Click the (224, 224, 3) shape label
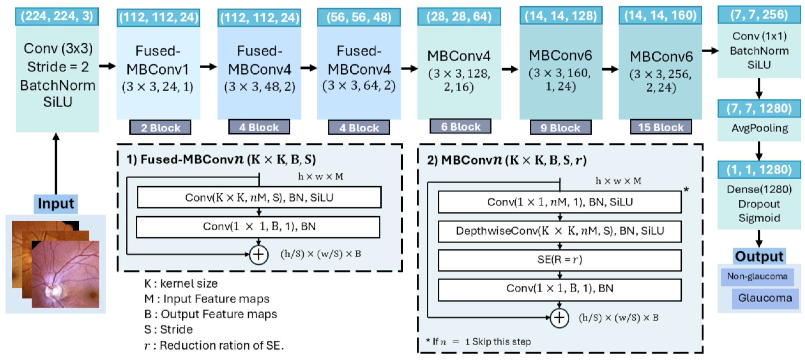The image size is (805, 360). coord(57,16)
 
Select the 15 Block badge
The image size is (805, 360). coord(661,127)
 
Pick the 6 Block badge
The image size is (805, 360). coord(460,127)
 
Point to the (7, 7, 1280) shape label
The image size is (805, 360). coord(759,108)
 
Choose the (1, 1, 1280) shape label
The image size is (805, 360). coord(759,170)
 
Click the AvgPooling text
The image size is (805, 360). coord(759,128)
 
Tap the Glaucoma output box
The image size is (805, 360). coord(765,298)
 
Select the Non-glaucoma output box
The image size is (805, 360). coord(757,276)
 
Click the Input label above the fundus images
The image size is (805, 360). coord(55,204)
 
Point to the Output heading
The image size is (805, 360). coord(759,256)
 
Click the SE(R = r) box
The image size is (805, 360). coord(559,260)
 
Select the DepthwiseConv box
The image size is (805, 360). coord(559,231)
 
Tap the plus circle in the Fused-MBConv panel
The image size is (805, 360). coord(258,254)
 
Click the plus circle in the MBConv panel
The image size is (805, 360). coord(559,318)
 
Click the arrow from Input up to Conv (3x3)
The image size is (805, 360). coord(56,164)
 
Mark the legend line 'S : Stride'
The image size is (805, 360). coord(169,329)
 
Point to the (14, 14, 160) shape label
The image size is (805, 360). coord(660,15)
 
